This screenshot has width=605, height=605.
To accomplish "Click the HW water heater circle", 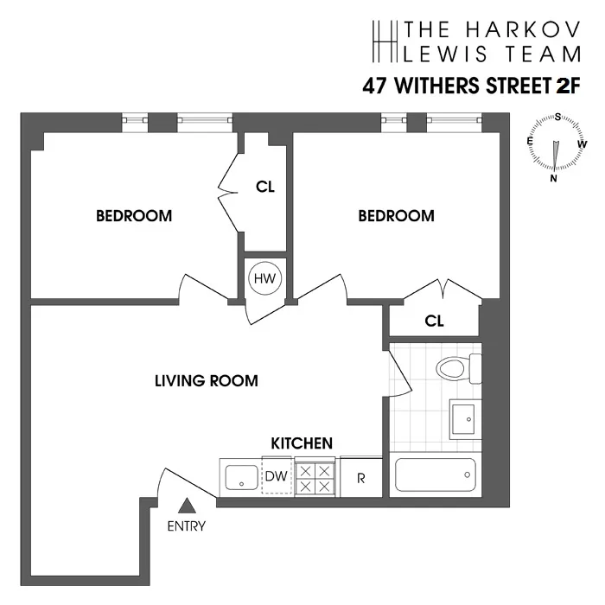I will (x=264, y=278).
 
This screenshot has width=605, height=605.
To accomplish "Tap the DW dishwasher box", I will (x=277, y=476).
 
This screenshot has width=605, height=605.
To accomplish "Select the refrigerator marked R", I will (x=360, y=478).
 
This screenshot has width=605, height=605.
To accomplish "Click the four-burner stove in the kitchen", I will (x=315, y=478).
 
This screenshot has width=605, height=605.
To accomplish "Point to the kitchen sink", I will (x=240, y=477).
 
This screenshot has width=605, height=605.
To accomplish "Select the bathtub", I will (x=436, y=474).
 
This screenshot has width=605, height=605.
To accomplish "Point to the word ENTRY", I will (x=187, y=526).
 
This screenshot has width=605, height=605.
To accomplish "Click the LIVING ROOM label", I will (x=207, y=380).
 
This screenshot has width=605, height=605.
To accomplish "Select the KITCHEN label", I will (x=302, y=443).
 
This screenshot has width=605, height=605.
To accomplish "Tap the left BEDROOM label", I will (x=134, y=215).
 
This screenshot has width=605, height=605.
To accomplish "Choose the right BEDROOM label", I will (x=397, y=215).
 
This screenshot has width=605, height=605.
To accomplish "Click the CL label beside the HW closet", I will (x=265, y=186).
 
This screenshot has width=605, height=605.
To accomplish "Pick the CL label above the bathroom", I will (x=434, y=322).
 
